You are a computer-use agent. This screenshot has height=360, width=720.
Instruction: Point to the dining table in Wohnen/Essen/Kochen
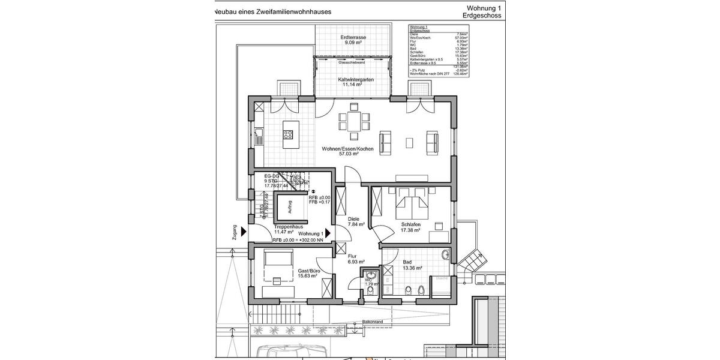(354, 122)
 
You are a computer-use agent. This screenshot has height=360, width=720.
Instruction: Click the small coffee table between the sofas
(409, 142)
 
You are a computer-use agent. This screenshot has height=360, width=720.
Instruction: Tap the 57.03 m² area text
(349, 154)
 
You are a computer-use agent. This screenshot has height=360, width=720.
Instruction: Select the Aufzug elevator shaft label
(290, 207)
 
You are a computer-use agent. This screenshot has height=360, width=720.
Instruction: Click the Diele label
(353, 219)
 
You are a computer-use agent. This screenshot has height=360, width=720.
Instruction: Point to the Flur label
(352, 256)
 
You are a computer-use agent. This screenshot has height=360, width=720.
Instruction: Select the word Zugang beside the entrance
(235, 233)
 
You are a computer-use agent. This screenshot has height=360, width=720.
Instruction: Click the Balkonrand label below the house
(373, 322)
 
